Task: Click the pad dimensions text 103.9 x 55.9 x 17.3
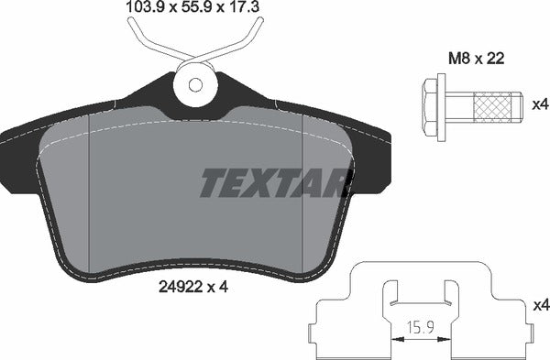192,6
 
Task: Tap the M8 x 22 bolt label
477,59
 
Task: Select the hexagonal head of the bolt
430,107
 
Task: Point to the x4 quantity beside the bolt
540,104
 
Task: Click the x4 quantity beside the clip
542,306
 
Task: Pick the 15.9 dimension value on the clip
420,331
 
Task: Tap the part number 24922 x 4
193,287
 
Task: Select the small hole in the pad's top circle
195,84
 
